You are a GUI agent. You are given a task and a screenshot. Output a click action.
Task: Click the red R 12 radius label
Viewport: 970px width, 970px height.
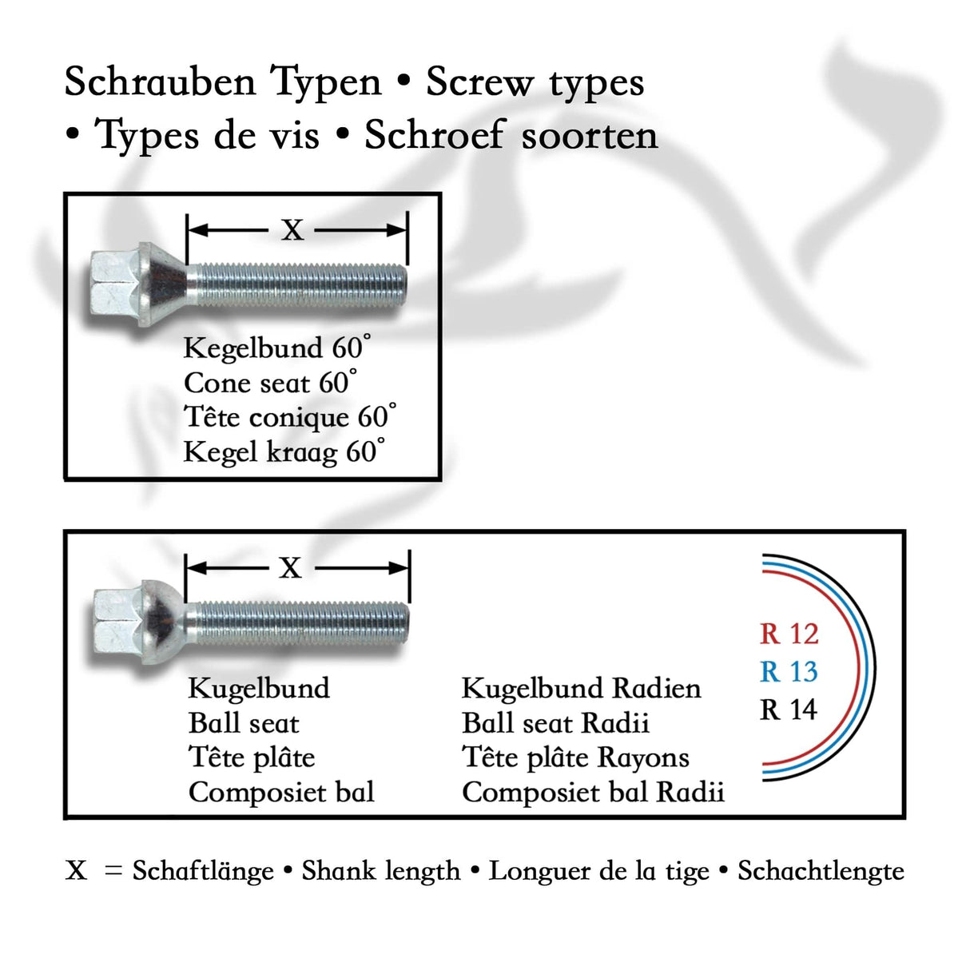pyautogui.click(x=789, y=634)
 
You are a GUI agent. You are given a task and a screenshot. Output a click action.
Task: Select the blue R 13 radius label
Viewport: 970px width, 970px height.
pyautogui.click(x=789, y=672)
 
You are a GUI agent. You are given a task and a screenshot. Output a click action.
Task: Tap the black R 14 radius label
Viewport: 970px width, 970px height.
pyautogui.click(x=789, y=710)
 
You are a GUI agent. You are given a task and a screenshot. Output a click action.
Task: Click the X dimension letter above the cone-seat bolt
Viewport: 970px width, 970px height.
pyautogui.click(x=292, y=231)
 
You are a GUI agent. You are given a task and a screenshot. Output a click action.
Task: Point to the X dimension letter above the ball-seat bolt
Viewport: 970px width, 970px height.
pyautogui.click(x=291, y=569)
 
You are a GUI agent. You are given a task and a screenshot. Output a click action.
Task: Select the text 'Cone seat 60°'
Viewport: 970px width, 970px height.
pyautogui.click(x=270, y=383)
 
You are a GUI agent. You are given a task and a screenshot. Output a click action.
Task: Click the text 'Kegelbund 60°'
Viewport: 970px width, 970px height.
pyautogui.click(x=276, y=348)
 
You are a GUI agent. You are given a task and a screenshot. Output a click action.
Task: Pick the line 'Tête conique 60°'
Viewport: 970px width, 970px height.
pyautogui.click(x=289, y=417)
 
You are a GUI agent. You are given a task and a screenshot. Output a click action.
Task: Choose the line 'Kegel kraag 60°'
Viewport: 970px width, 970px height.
pyautogui.click(x=284, y=452)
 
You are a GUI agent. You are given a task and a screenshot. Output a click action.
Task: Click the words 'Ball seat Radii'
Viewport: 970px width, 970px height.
pyautogui.click(x=555, y=723)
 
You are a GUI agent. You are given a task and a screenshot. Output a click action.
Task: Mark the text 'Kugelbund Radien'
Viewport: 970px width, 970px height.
pyautogui.click(x=581, y=688)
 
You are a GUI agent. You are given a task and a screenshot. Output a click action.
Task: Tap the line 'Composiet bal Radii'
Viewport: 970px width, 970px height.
pyautogui.click(x=593, y=793)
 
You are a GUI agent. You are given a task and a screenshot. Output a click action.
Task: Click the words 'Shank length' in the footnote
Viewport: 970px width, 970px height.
pyautogui.click(x=380, y=871)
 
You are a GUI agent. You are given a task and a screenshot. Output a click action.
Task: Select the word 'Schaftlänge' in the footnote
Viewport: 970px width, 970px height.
pyautogui.click(x=203, y=871)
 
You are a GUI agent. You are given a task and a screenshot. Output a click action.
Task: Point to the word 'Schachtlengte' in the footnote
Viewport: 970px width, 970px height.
pyautogui.click(x=821, y=871)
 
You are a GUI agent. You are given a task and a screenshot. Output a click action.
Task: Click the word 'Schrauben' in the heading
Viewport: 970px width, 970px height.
pyautogui.click(x=160, y=82)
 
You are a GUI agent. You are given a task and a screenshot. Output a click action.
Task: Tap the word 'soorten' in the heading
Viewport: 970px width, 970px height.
pyautogui.click(x=590, y=135)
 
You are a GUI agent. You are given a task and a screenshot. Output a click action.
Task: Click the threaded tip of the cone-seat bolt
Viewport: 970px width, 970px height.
pyautogui.click(x=396, y=284)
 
